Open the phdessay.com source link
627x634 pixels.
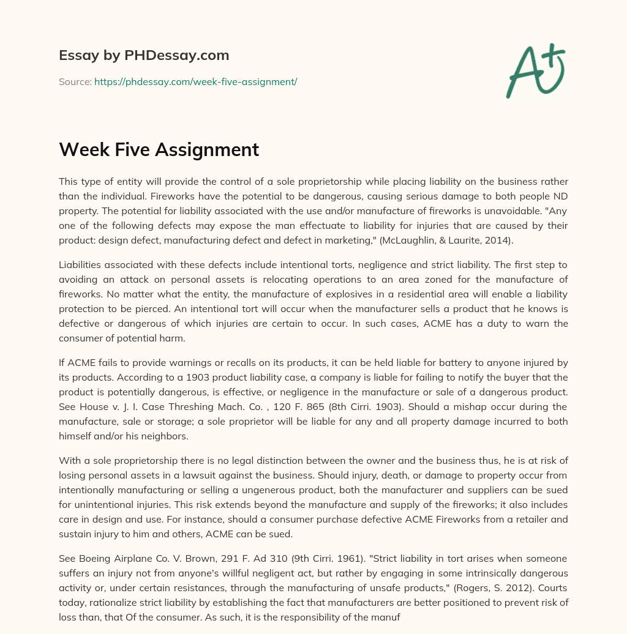coord(195,81)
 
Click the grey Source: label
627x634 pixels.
coord(75,81)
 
